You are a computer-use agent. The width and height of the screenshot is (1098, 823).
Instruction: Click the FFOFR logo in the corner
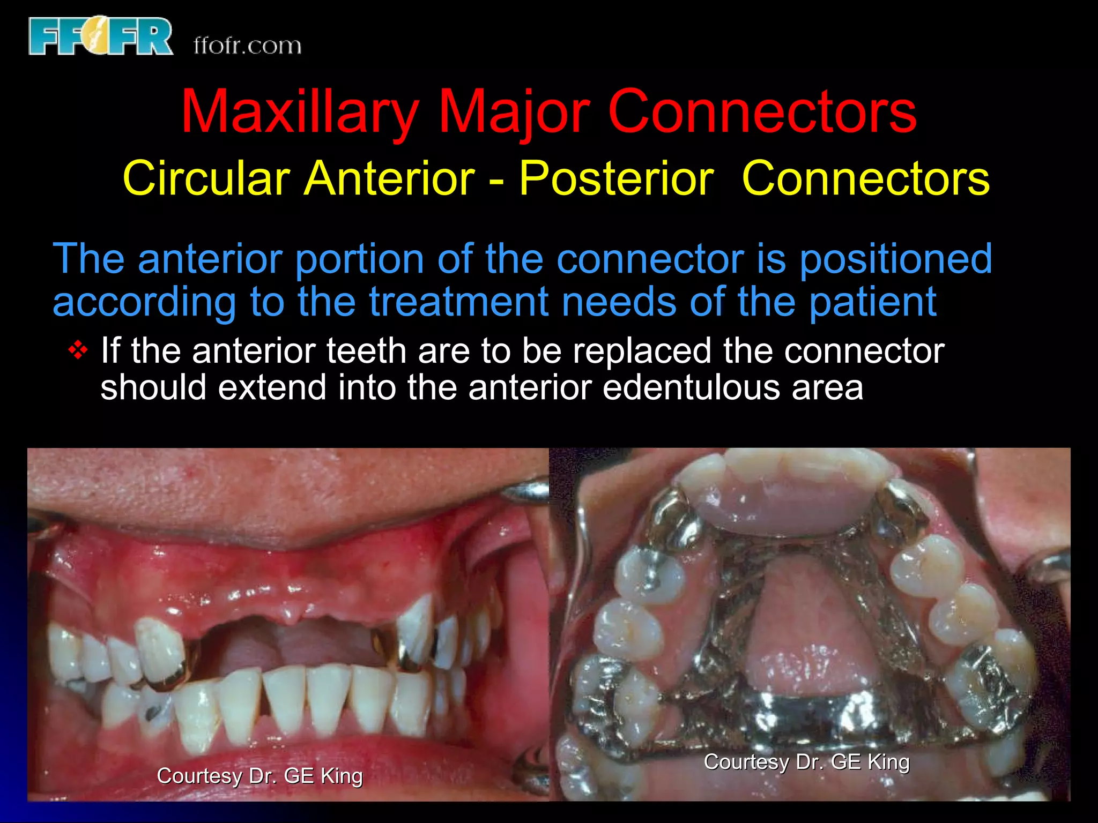(x=101, y=36)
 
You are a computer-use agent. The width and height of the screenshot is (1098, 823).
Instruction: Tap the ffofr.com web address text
(x=247, y=46)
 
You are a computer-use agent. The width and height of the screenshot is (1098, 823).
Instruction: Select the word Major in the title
(x=514, y=113)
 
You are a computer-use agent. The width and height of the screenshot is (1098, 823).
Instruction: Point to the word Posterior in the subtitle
(x=616, y=178)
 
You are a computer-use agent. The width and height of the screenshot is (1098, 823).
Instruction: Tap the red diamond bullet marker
(x=78, y=351)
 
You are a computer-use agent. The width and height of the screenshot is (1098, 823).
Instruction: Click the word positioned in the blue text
(x=895, y=259)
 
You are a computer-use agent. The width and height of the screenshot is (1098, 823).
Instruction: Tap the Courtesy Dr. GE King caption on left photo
(x=259, y=776)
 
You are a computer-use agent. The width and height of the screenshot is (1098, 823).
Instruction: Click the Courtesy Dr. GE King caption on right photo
(x=806, y=762)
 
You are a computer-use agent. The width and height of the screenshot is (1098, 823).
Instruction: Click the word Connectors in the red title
(x=762, y=113)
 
